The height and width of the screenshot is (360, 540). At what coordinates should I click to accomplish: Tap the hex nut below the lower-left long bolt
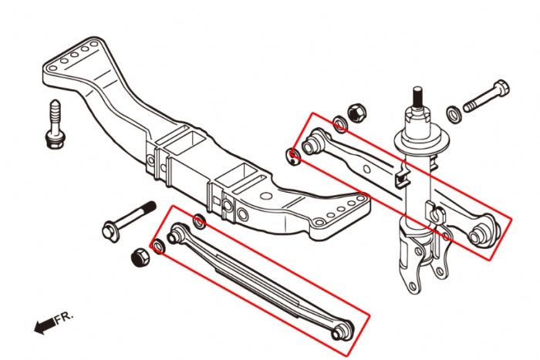point(140,257)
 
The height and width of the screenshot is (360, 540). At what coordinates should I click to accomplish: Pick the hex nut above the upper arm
point(356,112)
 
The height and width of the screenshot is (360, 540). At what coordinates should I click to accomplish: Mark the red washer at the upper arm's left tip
point(293,156)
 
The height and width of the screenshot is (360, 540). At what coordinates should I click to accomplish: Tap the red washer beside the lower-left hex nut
point(159,247)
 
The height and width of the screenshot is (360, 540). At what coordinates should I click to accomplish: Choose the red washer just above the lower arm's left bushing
point(199,222)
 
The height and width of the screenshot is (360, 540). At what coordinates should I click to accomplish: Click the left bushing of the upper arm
point(313,143)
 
